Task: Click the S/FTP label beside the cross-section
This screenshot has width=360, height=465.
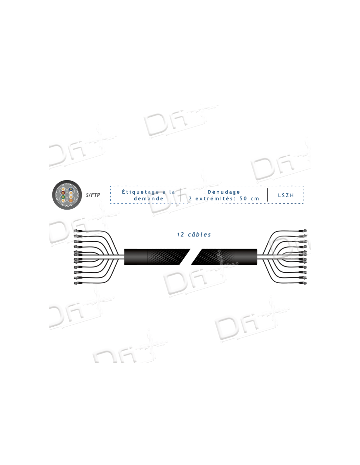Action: tap(93, 195)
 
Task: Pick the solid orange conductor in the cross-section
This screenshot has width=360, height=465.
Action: tap(70, 198)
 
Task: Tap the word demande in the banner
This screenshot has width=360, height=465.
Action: tap(148, 198)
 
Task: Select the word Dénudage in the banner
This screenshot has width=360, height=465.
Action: tap(224, 192)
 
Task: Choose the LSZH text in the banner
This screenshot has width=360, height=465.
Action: tap(286, 195)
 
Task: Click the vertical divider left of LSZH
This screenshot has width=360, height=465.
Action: tap(268, 195)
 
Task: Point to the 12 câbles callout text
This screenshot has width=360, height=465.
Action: tap(194, 234)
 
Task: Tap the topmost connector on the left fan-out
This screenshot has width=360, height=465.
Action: tap(77, 231)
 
